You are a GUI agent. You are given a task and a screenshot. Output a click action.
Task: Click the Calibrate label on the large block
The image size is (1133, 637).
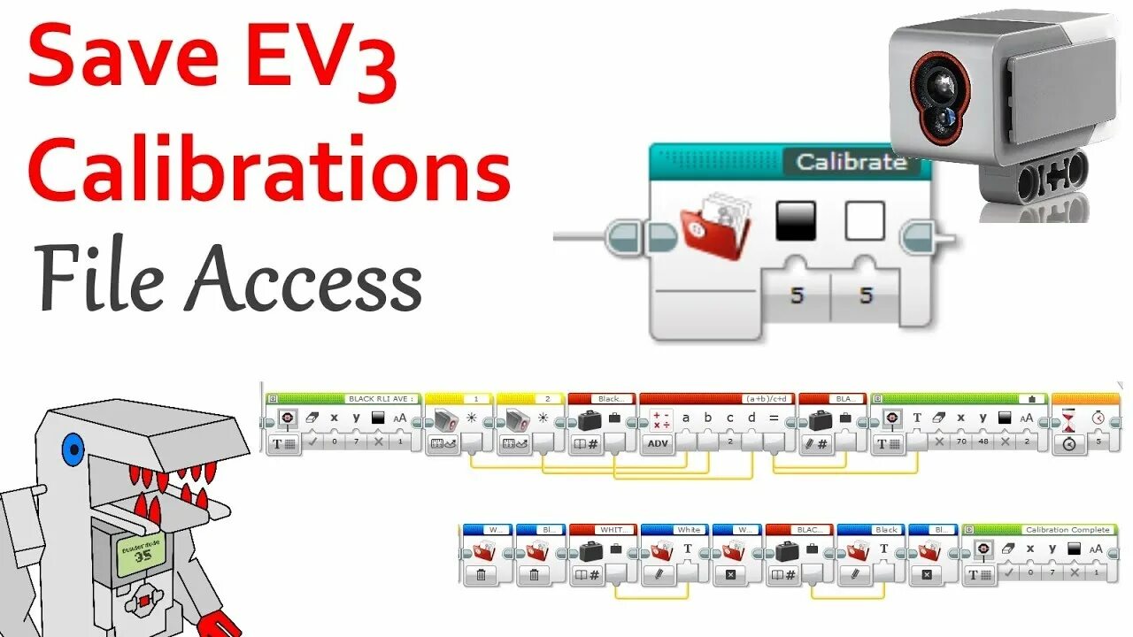point(851,162)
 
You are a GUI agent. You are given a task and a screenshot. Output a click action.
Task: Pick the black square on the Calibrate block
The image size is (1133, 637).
point(796,220)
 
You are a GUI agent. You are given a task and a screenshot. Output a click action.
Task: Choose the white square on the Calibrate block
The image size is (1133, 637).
point(865,220)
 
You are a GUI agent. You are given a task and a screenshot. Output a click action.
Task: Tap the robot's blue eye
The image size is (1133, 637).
point(72,449)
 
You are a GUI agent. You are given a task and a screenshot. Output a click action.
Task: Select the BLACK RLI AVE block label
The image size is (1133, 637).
point(382,399)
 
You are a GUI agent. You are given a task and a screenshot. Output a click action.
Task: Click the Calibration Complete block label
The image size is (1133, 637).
point(1067,530)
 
